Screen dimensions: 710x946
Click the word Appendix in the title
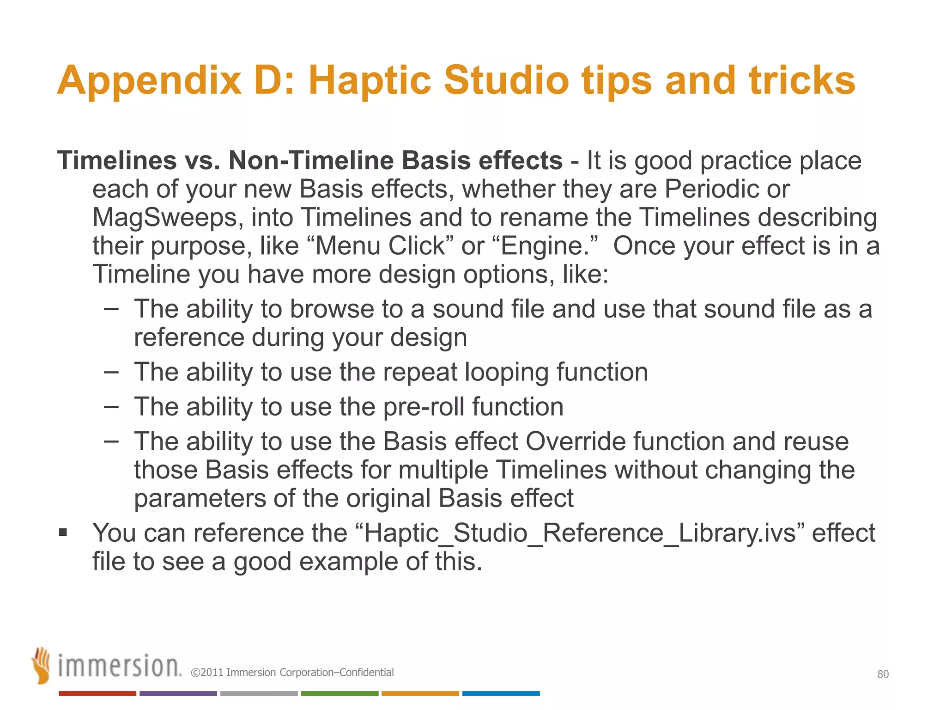point(149,80)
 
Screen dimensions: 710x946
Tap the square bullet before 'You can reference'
point(63,533)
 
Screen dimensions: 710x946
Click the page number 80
point(883,674)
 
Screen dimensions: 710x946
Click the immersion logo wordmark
point(119,666)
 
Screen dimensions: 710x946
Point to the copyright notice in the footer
point(292,673)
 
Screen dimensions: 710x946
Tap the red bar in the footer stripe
point(97,693)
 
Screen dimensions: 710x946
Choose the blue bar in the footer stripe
point(501,693)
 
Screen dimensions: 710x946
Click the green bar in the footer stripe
point(340,693)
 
